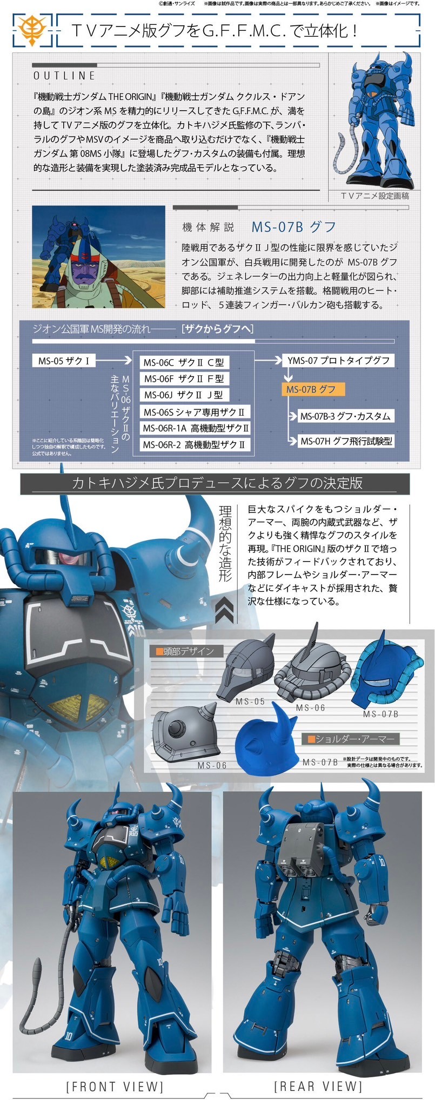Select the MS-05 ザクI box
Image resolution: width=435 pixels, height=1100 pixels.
(x=64, y=361)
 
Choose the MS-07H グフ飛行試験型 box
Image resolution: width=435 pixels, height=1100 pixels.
(x=346, y=441)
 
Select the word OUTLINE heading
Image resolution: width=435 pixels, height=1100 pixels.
(x=65, y=76)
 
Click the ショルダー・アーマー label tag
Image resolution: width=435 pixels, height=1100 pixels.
(x=350, y=739)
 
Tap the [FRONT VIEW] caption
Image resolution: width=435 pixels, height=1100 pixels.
(x=114, y=1086)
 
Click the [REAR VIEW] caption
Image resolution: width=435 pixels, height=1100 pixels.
(x=318, y=1086)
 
